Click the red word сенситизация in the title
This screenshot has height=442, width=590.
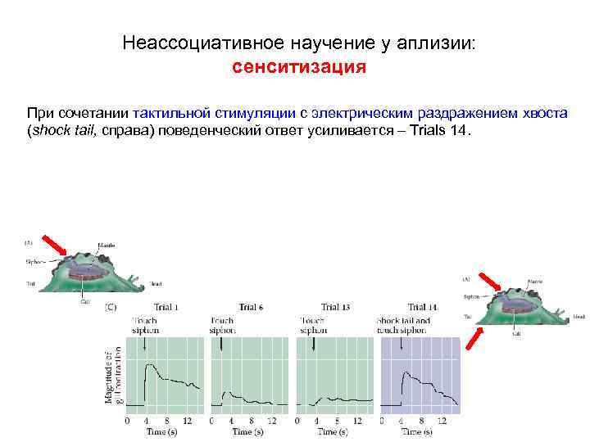coord(298,67)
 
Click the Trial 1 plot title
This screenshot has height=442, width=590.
coord(166,307)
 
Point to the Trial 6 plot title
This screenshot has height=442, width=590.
coord(250,307)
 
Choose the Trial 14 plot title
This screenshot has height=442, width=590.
coord(421,307)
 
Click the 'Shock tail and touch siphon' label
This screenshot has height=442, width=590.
coord(402,326)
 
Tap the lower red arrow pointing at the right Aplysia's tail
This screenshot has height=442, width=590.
coord(473,338)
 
